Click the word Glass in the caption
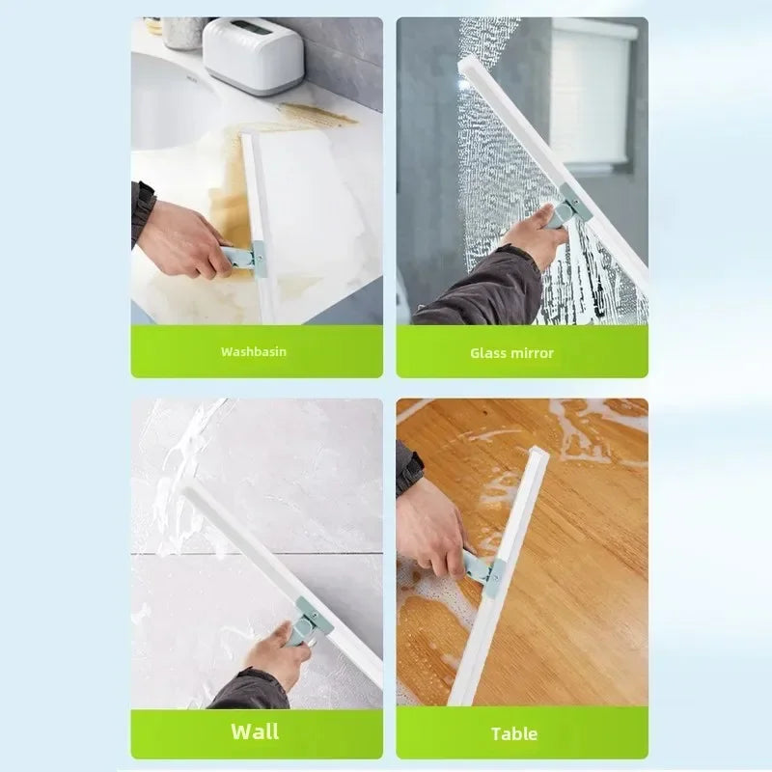[x=488, y=353]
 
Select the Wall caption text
[x=256, y=731]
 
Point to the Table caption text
[x=514, y=733]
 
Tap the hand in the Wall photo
[x=275, y=653]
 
